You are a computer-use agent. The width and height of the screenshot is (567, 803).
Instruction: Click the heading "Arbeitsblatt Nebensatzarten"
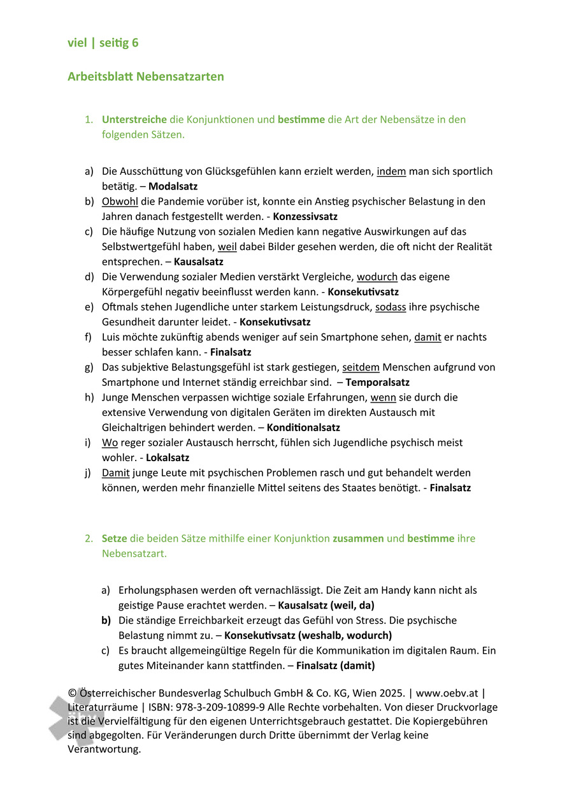(146, 77)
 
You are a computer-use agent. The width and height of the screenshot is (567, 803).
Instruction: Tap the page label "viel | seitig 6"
(103, 43)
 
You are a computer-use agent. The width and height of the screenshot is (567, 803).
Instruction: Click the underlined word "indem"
(391, 172)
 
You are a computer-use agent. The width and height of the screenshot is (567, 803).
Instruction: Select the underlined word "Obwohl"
(120, 202)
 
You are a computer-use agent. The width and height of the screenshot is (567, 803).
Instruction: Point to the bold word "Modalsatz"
(173, 186)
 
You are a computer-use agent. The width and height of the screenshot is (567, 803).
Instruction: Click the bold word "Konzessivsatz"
(305, 217)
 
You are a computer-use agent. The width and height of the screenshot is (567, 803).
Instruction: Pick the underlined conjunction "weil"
(227, 247)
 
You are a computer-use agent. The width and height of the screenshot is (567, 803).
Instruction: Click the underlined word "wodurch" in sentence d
(377, 277)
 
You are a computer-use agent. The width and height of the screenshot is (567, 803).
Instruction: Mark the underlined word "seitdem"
(361, 367)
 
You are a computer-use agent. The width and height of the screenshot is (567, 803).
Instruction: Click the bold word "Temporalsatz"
(377, 383)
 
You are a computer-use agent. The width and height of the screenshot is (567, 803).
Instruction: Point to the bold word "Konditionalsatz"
(303, 428)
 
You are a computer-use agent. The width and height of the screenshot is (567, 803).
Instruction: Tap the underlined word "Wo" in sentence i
(110, 443)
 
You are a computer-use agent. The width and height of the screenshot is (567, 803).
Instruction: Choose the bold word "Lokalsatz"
(168, 458)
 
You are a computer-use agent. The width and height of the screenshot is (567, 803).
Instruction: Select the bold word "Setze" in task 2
(115, 538)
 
